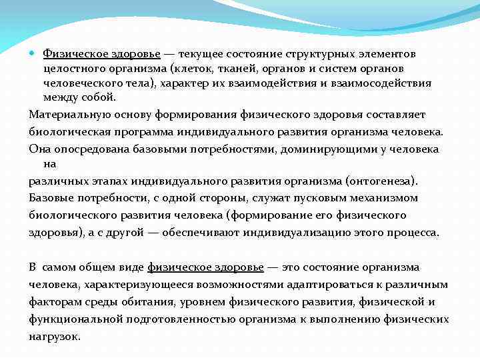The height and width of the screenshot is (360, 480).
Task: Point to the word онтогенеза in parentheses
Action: pyautogui.click(x=380, y=180)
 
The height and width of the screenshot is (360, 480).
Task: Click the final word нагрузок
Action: pyautogui.click(x=54, y=336)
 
